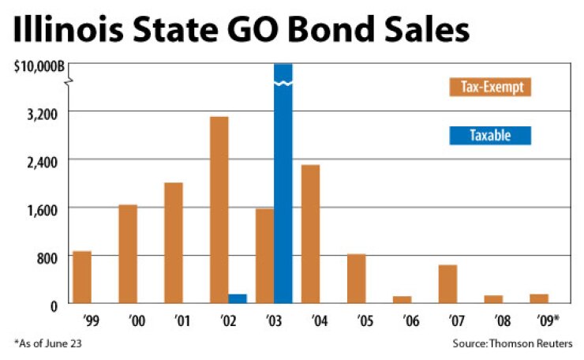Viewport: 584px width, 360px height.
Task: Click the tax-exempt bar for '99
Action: (82, 277)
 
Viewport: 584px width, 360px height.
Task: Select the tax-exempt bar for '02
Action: (219, 210)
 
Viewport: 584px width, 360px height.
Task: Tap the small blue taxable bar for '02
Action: (238, 298)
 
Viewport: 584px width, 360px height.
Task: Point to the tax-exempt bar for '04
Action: (311, 234)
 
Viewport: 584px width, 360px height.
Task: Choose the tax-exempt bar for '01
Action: (174, 243)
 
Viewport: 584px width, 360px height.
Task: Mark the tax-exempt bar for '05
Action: (357, 279)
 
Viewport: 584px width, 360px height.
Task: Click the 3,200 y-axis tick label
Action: (43, 113)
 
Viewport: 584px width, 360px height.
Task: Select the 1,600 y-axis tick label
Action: (43, 210)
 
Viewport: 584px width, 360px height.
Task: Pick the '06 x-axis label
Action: (402, 321)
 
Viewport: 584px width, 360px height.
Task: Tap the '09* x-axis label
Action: (541, 321)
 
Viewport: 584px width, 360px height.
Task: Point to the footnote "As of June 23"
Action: (48, 343)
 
